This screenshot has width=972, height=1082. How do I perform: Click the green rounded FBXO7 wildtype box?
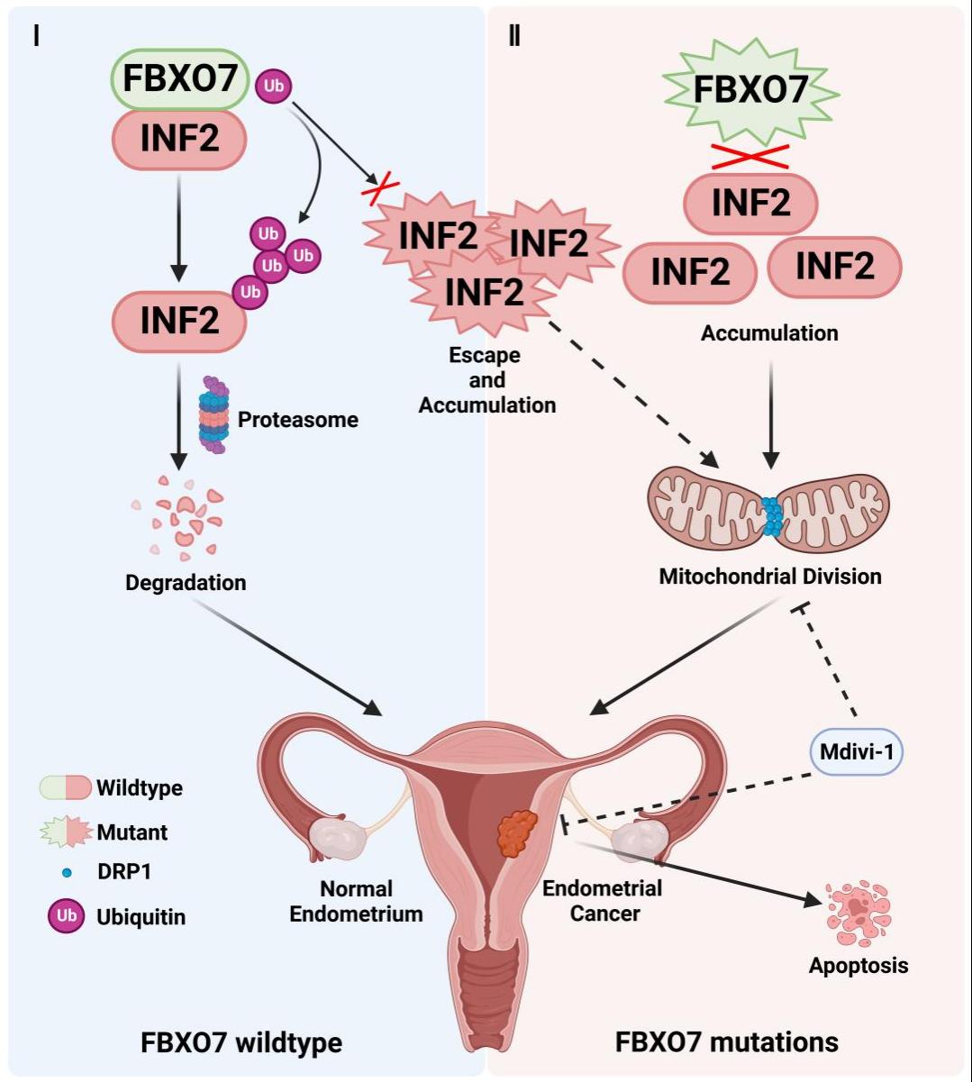pos(179,78)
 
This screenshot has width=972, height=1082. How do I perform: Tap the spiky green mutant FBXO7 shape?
pos(750,91)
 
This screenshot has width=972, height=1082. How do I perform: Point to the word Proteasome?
pos(297,419)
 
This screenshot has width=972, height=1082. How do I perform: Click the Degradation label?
pos(186,583)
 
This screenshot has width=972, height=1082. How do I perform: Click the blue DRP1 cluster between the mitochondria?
pos(772,516)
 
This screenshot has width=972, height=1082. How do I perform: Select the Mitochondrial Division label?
pos(770,576)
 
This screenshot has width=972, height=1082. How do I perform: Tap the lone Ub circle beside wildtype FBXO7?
pos(274,86)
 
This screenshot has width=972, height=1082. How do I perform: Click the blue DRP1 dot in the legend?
pos(67,873)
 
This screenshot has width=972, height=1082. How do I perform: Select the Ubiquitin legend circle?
pos(66,916)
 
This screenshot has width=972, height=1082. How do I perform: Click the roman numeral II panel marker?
pos(514,38)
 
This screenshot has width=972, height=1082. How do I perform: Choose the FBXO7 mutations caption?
pos(726,1042)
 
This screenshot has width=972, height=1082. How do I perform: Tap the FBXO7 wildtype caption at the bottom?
pos(241,1043)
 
